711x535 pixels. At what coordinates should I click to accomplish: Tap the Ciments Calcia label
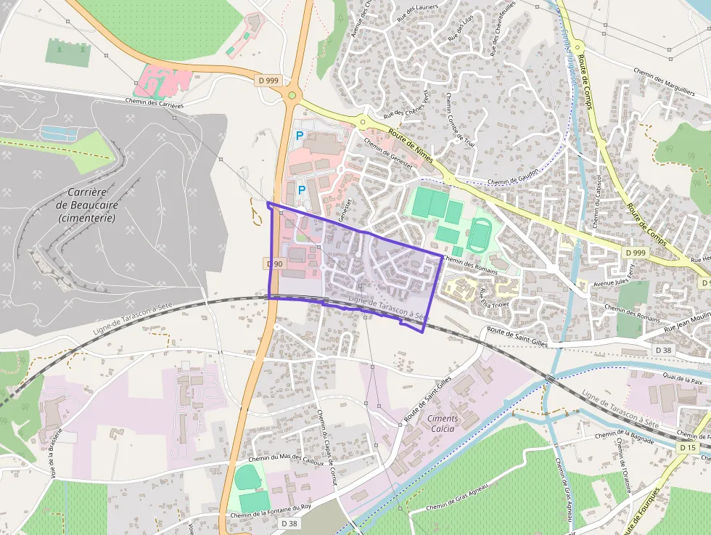443,423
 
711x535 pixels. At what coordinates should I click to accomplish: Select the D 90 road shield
274,264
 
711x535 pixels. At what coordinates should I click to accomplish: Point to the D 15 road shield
689,448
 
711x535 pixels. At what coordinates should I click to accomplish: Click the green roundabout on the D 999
292,94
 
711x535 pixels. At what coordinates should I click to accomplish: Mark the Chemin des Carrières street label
154,103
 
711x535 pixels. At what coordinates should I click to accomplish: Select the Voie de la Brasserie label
57,446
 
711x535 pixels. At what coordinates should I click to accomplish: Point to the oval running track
478,235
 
